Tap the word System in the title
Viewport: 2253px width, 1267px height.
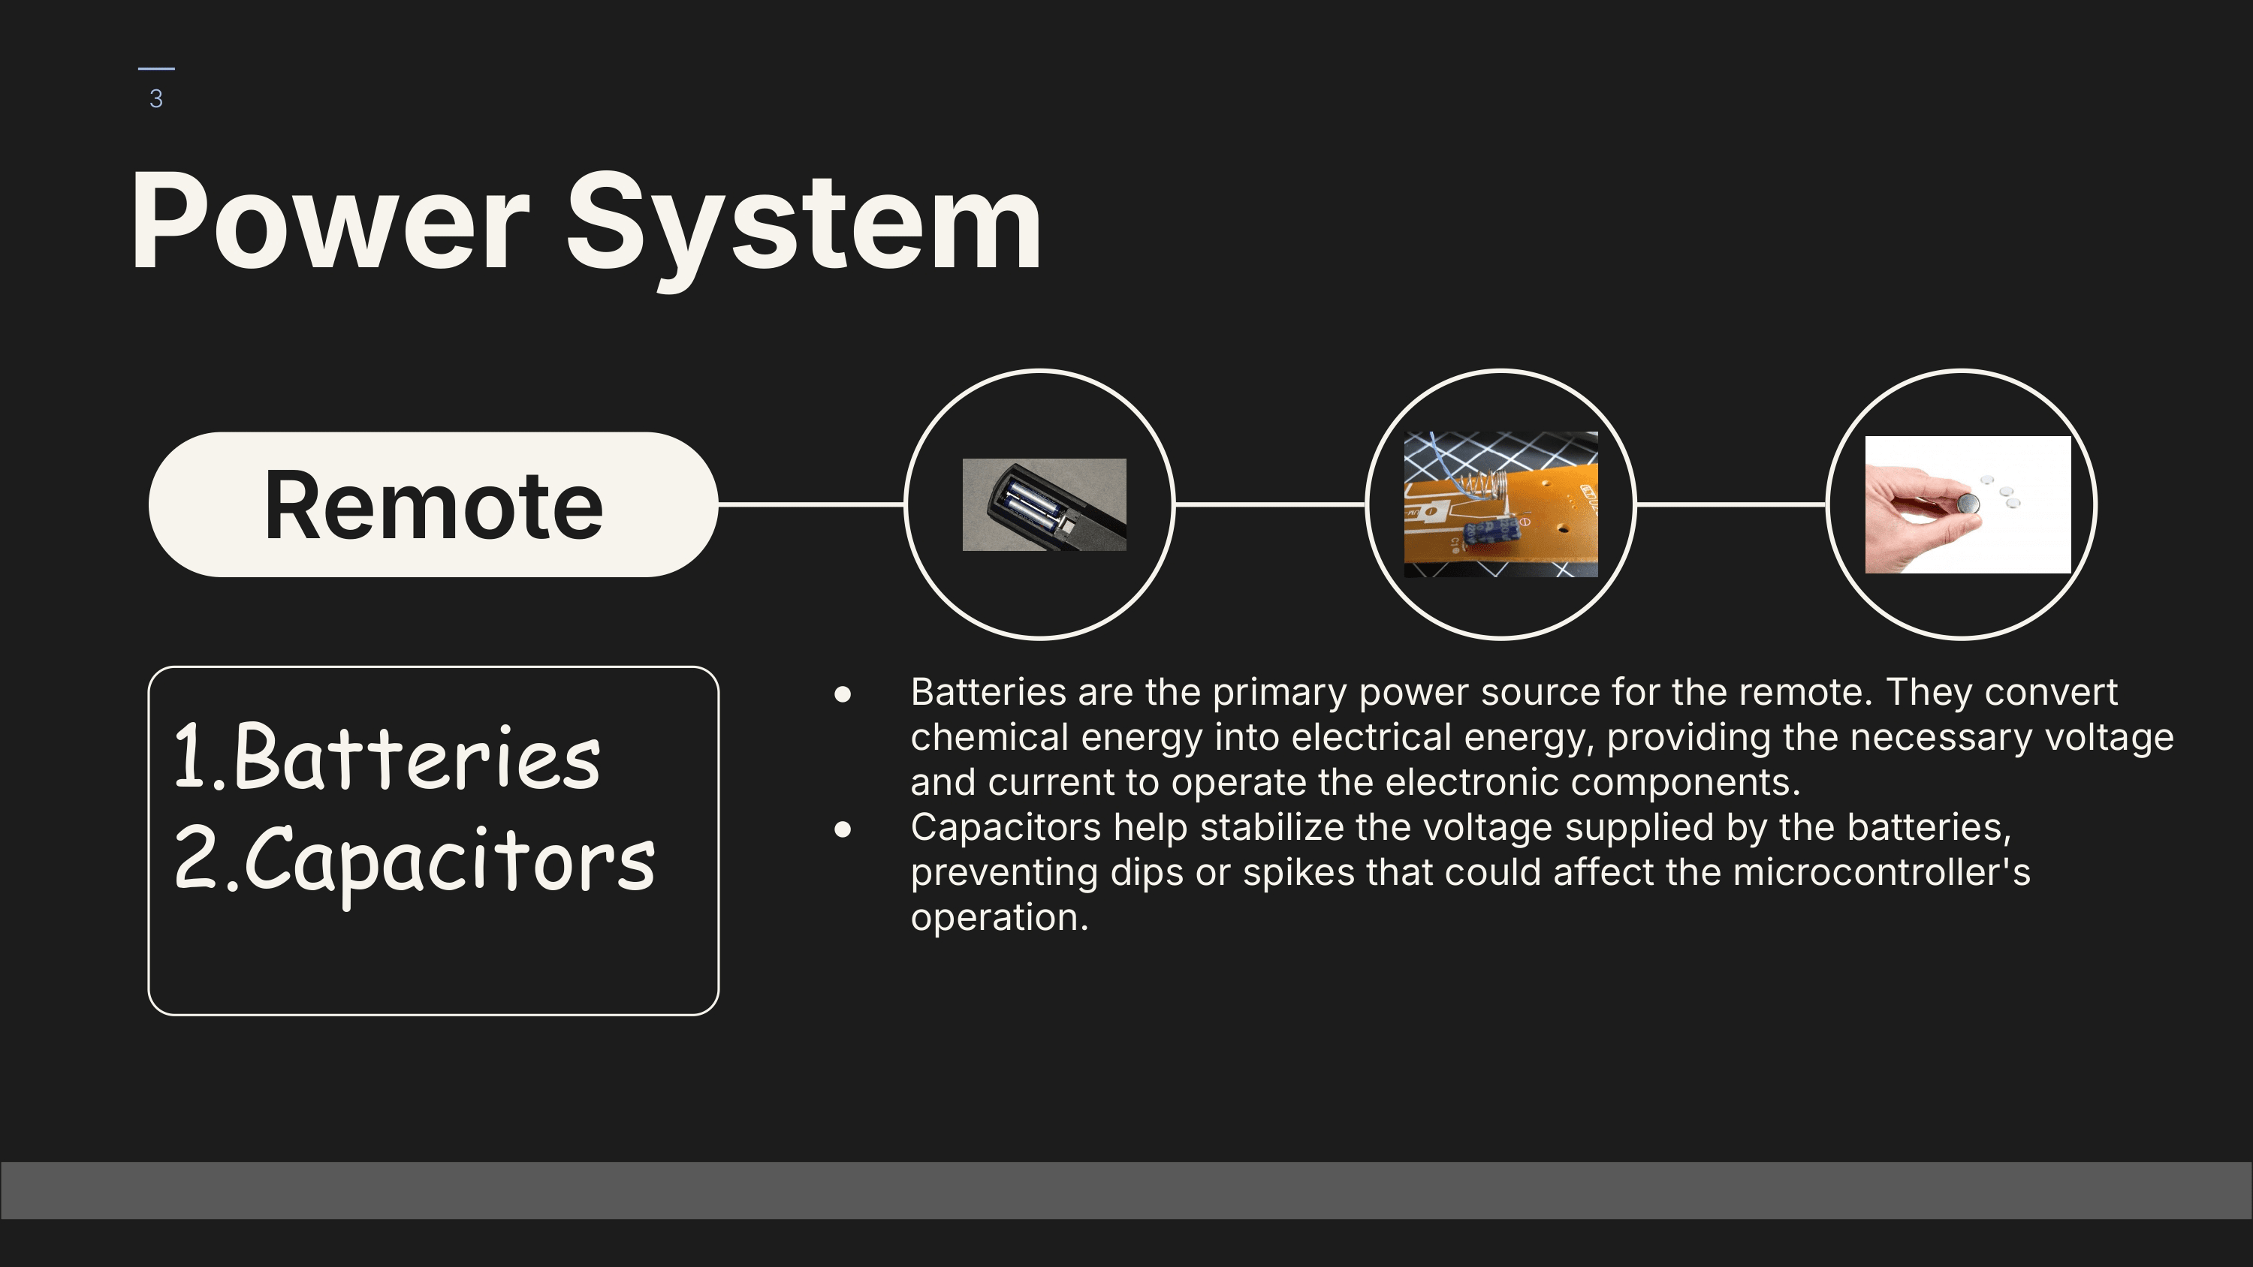tap(804, 229)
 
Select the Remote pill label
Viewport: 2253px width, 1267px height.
tap(433, 504)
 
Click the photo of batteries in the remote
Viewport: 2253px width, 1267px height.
tap(1045, 504)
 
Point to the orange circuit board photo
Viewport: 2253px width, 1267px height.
tap(1500, 504)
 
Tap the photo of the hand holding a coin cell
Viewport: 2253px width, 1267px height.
tap(1968, 504)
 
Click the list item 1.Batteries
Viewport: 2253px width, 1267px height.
tap(388, 757)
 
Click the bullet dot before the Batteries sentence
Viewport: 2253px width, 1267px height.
tap(843, 694)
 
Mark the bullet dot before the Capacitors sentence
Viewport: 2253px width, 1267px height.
tap(843, 829)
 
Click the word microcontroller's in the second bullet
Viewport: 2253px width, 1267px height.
tap(1881, 871)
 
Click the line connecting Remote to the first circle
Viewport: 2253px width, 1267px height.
tap(811, 504)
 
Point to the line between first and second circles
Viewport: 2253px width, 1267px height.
tap(1270, 504)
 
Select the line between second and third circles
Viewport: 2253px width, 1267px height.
tap(1731, 504)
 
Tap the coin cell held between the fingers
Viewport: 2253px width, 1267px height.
tap(1967, 504)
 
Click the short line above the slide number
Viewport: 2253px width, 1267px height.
tap(156, 68)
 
